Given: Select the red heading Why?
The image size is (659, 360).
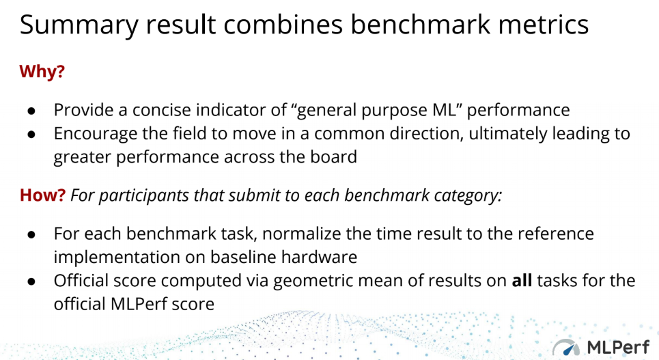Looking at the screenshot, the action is pos(42,71).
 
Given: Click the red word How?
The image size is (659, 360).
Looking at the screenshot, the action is pos(42,195).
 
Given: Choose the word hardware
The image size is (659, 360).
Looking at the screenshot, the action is pos(319,257).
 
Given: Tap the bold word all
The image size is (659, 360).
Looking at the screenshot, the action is pos(522,280).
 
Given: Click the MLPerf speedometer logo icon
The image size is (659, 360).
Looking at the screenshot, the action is pos(567,348).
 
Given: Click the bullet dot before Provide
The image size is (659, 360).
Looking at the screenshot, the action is pos(31,111).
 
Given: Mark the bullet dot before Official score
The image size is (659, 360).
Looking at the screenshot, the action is pos(31,281).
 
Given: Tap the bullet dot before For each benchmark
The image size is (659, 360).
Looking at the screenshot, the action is pos(31,234).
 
